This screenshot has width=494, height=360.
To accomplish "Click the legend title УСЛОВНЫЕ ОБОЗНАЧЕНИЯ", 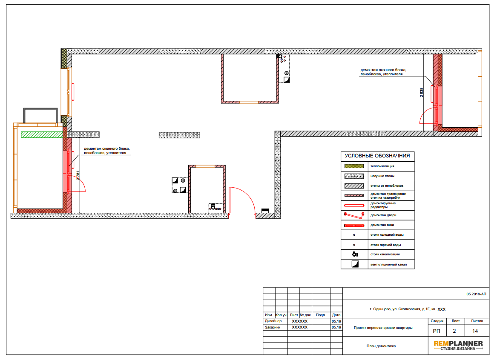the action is point(377,156).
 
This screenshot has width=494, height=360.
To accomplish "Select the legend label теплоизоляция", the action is point(382,166).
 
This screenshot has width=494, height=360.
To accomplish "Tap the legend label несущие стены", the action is point(382,176).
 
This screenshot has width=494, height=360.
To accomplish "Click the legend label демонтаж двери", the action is point(383,215).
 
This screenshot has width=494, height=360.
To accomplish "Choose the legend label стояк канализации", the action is point(385,254).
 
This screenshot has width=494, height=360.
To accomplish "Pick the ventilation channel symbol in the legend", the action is point(355,264).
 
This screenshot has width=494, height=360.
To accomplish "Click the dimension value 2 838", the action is point(421,92).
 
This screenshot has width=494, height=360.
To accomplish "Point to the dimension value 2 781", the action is point(78,175).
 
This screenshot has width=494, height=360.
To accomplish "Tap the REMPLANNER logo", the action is point(458,345).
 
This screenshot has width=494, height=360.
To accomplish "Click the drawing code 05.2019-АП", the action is point(476,294).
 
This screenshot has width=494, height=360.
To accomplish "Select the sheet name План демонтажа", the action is point(381,346).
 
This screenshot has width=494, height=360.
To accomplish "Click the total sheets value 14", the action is point(475,331).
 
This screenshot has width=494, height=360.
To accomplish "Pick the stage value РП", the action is point(437,331).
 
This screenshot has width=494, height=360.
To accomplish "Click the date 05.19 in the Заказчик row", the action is point(336,327).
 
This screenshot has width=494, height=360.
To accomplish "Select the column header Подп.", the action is point(321,315).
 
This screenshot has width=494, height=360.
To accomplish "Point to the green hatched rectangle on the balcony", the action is point(42,135).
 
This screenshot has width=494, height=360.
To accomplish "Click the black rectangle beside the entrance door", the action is point(265,211).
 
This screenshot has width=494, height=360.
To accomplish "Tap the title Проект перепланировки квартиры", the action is point(383,328).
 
